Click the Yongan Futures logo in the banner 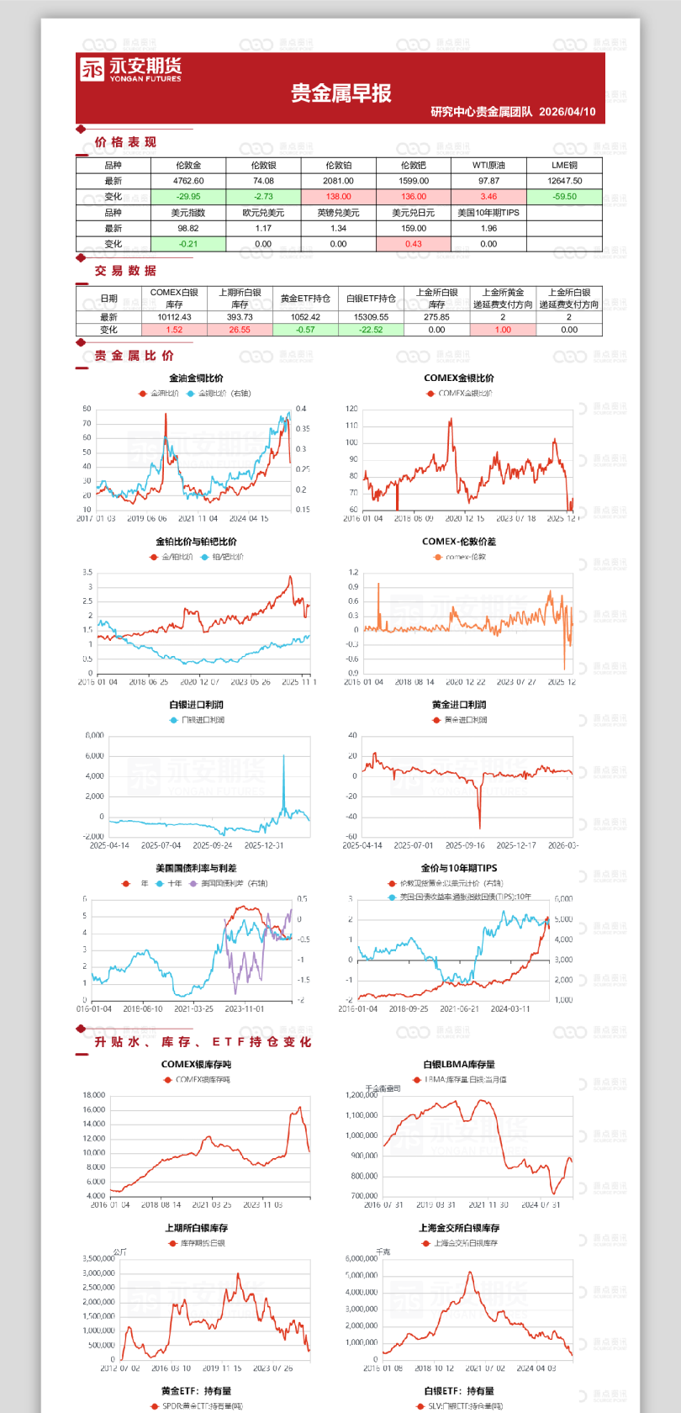point(130,70)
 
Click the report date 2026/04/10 point(567,112)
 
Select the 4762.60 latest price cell point(188,181)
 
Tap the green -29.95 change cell point(188,197)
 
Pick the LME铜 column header point(564,166)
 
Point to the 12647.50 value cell point(564,181)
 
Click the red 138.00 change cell point(338,197)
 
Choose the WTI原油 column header point(488,166)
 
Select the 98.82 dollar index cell point(188,228)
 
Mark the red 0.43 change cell point(414,244)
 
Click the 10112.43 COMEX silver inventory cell point(174,317)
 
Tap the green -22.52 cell point(371,330)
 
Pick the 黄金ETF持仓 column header point(305,299)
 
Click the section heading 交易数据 point(125,271)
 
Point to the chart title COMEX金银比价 point(459,378)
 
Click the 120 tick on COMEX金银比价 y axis point(351,409)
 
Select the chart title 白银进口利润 point(197,705)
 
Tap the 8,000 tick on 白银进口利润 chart point(94,735)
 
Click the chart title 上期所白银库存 point(197,1228)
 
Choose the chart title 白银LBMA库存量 point(459,1065)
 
